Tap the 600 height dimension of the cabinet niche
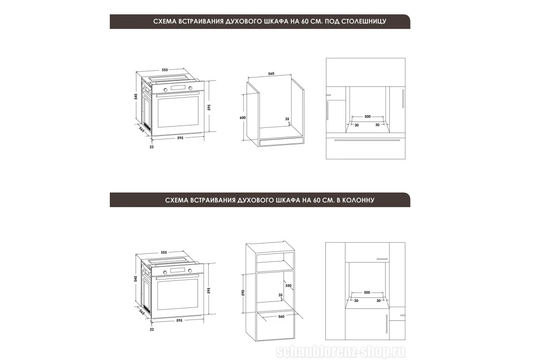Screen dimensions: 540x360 [x=243, y=117]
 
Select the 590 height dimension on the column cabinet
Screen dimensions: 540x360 [x=243, y=293]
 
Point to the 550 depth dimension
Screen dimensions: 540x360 [x=288, y=286]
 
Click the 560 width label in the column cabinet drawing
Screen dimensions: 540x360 [x=281, y=317]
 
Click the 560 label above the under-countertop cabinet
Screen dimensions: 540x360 [x=271, y=73]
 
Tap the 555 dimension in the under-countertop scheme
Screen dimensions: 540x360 [x=165, y=70]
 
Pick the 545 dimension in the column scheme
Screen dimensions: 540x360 [x=136, y=279]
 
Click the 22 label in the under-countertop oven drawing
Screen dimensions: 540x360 [x=152, y=147]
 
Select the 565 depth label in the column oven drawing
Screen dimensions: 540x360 [x=142, y=312]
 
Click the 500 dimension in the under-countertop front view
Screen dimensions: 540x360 [x=367, y=117]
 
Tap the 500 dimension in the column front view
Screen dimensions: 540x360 [x=367, y=292]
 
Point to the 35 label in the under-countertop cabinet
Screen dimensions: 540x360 [x=287, y=119]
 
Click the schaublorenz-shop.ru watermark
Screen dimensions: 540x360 [x=341, y=352]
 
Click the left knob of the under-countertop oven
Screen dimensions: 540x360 [x=166, y=90]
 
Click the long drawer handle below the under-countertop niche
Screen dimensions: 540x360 [x=367, y=140]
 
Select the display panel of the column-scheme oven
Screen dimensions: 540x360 [x=178, y=270]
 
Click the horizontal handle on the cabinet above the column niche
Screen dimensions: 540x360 [x=382, y=259]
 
